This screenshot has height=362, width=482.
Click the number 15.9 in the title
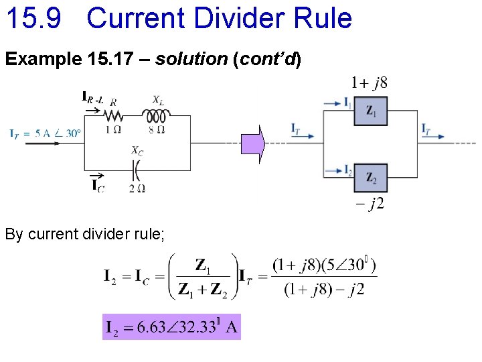[x=33, y=18]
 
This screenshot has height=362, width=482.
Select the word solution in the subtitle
[x=191, y=60]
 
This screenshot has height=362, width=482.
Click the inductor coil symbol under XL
[x=156, y=116]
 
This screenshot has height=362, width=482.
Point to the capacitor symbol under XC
[x=137, y=171]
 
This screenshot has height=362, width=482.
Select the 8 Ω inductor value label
[x=156, y=130]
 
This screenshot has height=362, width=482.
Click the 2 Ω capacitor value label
[x=137, y=188]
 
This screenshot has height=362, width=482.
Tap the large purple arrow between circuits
[x=254, y=144]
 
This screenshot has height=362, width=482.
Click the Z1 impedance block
[x=371, y=110]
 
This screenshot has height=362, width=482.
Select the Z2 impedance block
[x=371, y=178]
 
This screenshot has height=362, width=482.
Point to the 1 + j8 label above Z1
[x=369, y=83]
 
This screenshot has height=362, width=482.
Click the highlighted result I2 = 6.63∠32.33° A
[x=171, y=327]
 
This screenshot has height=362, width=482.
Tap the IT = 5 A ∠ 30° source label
[x=46, y=133]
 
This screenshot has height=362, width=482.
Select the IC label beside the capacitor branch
[x=98, y=185]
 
